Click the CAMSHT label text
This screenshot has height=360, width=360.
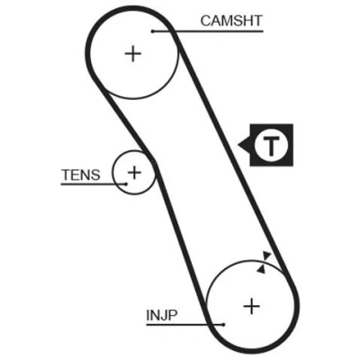point(231,21)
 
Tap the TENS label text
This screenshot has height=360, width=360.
point(81,175)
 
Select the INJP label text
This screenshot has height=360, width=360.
point(162,315)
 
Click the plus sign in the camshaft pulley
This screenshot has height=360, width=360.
point(133,54)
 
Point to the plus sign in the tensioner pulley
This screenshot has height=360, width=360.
point(134,172)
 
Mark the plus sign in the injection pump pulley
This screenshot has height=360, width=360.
point(251,307)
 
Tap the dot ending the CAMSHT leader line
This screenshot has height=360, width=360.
point(153,31)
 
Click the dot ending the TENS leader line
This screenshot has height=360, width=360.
point(126,184)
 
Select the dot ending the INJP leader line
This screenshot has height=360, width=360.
point(223,324)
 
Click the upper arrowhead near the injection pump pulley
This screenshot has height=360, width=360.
point(266,256)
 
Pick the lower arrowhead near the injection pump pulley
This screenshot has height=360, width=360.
point(261,269)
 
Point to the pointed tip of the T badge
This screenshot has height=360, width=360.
point(238,145)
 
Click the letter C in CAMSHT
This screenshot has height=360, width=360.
point(205,21)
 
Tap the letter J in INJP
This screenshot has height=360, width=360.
point(163,315)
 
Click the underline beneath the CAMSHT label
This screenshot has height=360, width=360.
point(208,31)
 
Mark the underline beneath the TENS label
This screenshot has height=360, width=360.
point(94,184)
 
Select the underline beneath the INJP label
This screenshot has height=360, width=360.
point(184,324)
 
